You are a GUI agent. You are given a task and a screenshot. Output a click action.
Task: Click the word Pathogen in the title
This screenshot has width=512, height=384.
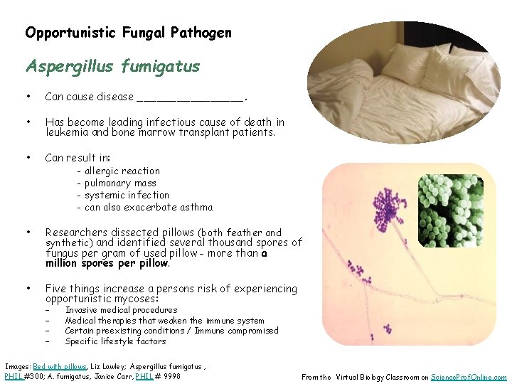(204, 33)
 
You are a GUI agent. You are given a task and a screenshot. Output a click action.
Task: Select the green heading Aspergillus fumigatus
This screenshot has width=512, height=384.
(112, 66)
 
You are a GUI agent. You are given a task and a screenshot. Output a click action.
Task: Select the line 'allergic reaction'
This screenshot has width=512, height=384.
(122, 171)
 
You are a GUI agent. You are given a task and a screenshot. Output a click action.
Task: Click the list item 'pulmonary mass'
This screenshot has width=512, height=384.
(120, 183)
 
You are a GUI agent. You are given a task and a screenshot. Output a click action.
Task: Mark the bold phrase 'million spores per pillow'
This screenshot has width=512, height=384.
(107, 263)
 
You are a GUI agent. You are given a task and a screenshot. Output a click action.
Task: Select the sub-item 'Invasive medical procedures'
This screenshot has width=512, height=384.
(121, 310)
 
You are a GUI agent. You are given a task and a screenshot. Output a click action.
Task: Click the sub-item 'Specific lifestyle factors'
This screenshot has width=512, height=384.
(115, 341)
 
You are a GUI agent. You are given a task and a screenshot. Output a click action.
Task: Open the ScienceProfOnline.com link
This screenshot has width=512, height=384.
(469, 378)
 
